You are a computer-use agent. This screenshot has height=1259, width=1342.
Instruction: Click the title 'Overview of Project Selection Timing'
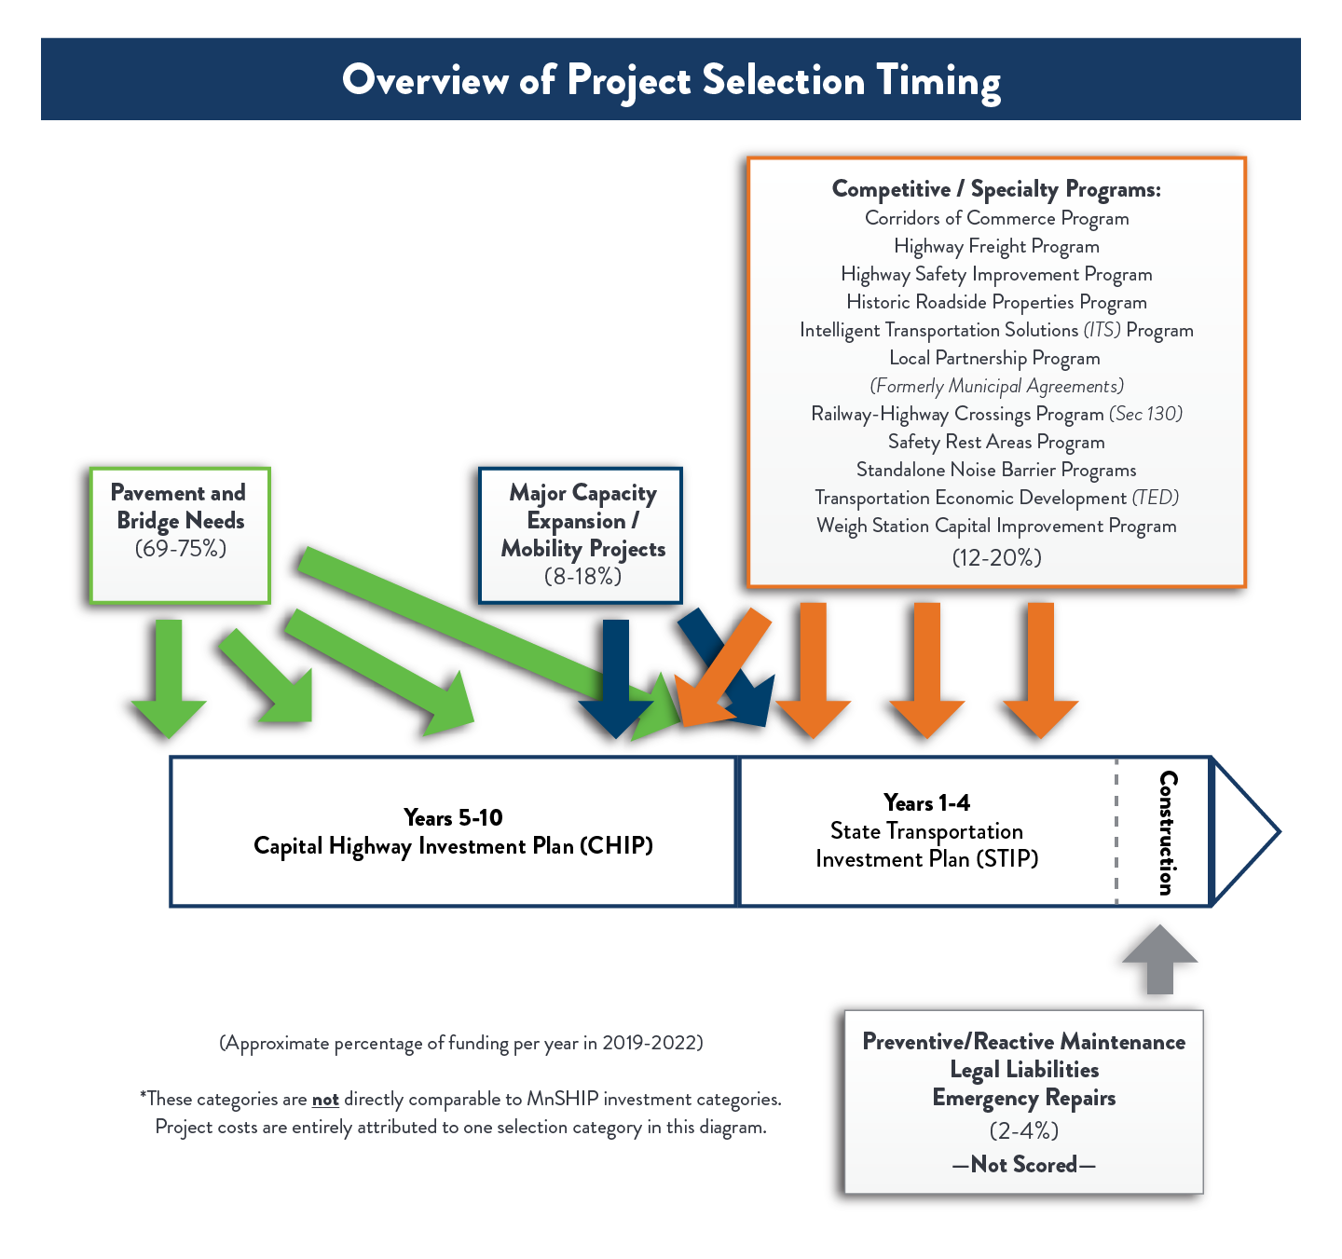(x=671, y=80)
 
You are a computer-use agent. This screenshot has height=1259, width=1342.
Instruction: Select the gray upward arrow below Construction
(x=1159, y=960)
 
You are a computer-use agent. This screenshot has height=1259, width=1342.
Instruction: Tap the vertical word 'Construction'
(x=1166, y=832)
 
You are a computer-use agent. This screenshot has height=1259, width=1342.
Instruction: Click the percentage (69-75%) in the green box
(x=181, y=548)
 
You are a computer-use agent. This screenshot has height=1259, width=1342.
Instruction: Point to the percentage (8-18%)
(x=582, y=576)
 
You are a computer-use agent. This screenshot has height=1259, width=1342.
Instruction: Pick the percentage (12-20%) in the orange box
(x=996, y=557)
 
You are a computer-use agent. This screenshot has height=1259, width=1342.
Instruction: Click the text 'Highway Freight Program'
(x=996, y=246)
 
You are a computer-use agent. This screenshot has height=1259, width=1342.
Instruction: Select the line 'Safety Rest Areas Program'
(x=996, y=442)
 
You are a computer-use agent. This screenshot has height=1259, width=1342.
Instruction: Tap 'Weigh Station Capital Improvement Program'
(x=996, y=526)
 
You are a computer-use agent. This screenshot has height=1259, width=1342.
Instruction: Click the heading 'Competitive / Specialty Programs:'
(x=996, y=189)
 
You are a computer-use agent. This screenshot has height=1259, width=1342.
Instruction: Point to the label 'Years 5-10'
(x=453, y=817)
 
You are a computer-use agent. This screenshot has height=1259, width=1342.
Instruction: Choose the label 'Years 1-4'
(x=926, y=802)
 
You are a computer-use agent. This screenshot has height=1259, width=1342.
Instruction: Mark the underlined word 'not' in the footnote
(x=325, y=1100)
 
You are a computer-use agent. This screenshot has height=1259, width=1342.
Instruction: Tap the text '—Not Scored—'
(x=1023, y=1164)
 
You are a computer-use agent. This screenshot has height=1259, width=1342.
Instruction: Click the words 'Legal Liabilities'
(x=1023, y=1070)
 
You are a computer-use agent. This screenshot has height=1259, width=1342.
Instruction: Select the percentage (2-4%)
(x=1023, y=1130)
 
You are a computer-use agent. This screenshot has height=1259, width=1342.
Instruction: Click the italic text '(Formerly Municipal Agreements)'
(x=996, y=386)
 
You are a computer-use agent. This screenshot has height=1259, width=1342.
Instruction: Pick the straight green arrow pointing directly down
(x=169, y=676)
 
